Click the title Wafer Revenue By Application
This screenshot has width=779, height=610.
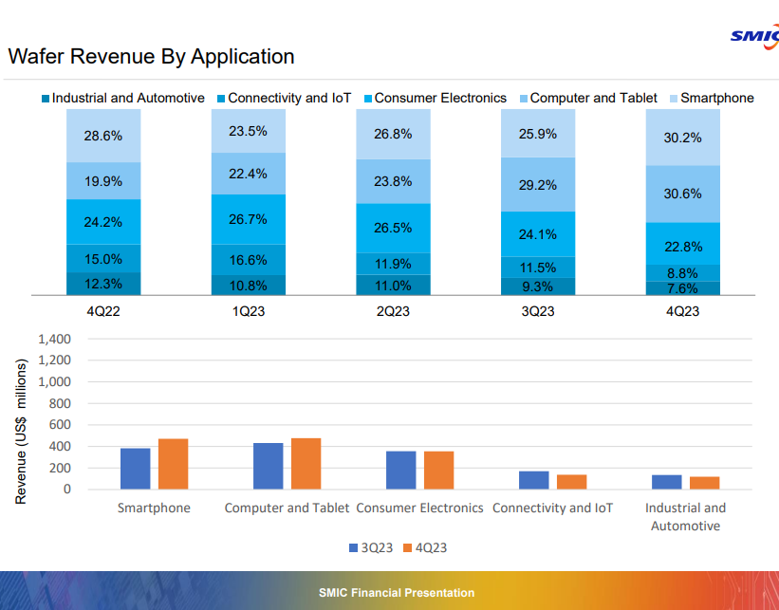click(x=151, y=57)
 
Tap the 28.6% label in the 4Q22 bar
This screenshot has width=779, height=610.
click(x=103, y=136)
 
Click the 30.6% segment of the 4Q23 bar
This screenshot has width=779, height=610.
click(x=683, y=194)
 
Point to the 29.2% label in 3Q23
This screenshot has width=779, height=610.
click(x=538, y=185)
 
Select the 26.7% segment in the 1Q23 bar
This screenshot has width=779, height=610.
click(x=249, y=219)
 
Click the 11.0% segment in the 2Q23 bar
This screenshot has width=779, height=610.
click(x=393, y=286)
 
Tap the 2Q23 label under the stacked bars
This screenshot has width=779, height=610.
click(x=393, y=311)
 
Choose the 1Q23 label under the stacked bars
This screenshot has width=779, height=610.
click(x=249, y=311)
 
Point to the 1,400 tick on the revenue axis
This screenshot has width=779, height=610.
click(x=54, y=339)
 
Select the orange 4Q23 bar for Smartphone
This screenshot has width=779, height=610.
click(x=174, y=464)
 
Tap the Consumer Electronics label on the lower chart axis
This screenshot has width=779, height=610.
click(x=419, y=508)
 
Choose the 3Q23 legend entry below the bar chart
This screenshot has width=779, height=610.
click(x=366, y=548)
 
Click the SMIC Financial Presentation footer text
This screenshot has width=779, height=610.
click(x=397, y=593)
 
